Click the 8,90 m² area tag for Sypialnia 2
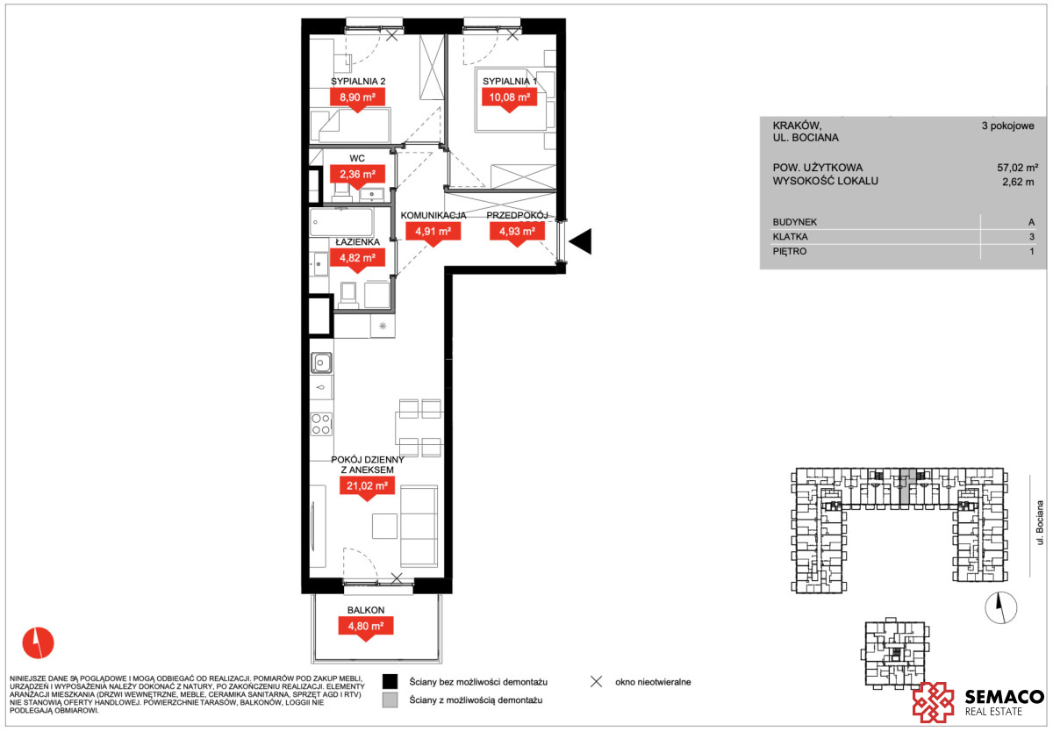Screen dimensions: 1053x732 click(x=357, y=97)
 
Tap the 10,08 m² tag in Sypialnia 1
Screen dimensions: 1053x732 click(x=510, y=97)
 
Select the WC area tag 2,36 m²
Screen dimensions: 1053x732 click(x=357, y=175)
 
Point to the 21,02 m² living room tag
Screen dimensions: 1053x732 click(x=367, y=486)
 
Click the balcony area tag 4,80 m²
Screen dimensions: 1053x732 click(x=366, y=626)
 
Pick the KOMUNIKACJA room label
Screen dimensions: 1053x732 click(x=433, y=215)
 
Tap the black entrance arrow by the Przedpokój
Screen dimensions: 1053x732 click(x=581, y=241)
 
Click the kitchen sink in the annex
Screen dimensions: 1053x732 click(x=321, y=363)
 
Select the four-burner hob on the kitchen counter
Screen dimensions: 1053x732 click(x=321, y=424)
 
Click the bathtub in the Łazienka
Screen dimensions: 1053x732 click(x=341, y=222)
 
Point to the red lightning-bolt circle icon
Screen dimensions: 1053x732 click(x=38, y=642)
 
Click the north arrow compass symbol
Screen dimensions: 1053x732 click(x=1001, y=608)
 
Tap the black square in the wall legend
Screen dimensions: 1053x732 click(x=390, y=682)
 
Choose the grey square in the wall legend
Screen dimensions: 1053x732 click(x=390, y=700)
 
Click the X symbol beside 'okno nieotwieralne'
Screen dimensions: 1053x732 click(x=596, y=682)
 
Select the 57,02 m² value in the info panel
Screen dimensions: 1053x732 click(x=1018, y=168)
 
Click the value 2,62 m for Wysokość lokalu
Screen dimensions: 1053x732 click(x=1018, y=182)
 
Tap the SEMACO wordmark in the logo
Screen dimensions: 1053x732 click(x=1005, y=697)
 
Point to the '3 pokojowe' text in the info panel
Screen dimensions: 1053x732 click(x=1008, y=126)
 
